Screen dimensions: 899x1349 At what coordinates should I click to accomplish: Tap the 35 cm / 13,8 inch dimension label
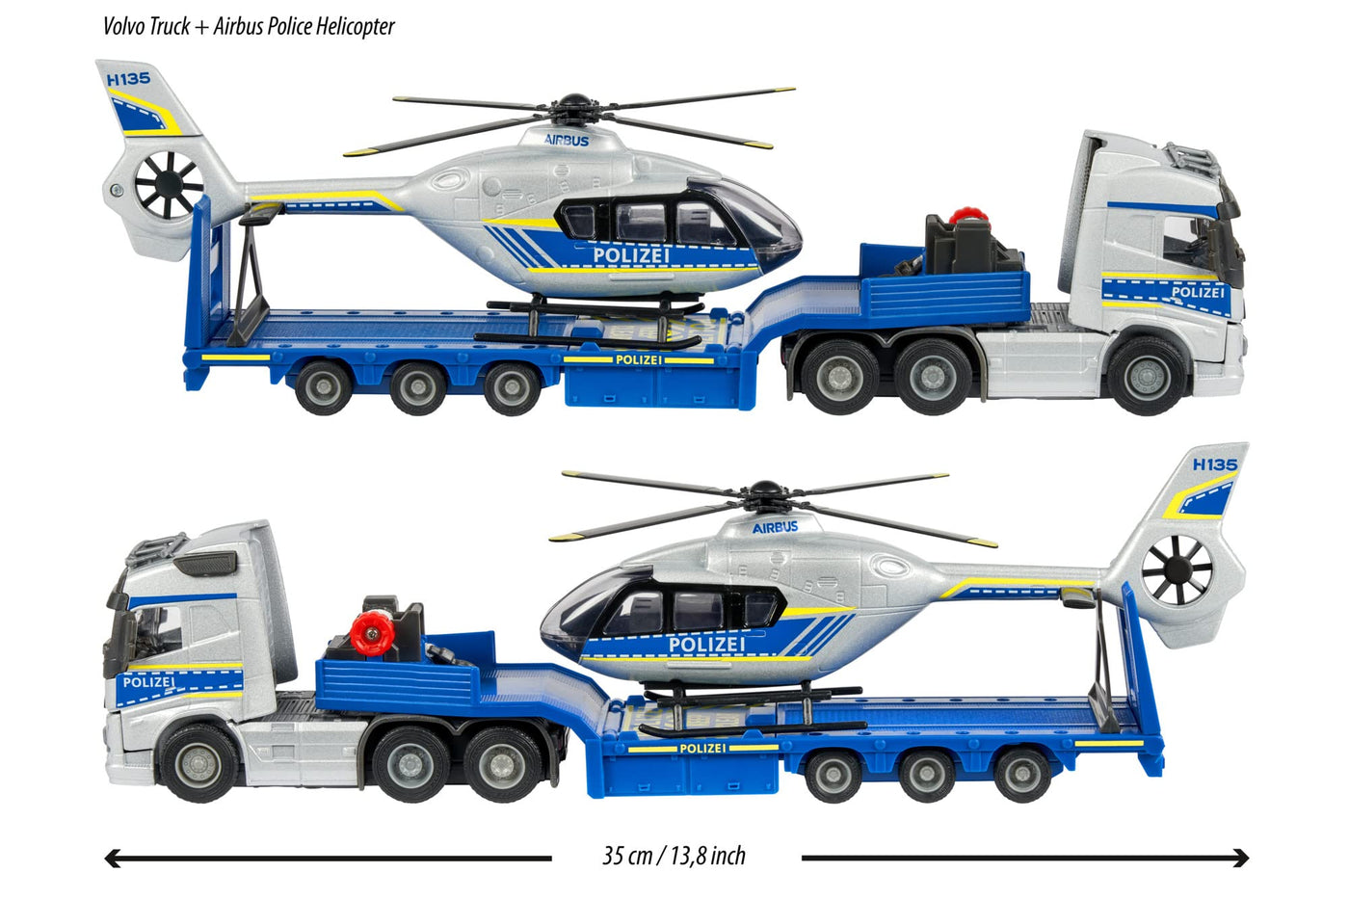point(674,856)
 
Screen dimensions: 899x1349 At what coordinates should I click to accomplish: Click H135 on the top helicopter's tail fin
point(128,79)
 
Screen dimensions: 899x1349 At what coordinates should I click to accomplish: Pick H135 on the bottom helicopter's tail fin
point(1214,464)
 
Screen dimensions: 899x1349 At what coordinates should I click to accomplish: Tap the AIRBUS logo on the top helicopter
point(567,140)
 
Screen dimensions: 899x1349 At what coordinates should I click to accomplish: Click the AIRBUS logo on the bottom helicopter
point(775,527)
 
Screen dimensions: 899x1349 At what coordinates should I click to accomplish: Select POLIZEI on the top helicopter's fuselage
point(631,255)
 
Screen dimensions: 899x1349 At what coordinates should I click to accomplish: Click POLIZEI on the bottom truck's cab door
point(148,682)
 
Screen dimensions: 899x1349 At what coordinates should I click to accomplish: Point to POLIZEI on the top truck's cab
point(1197,292)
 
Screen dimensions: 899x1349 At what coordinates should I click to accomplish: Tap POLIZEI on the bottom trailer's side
point(702,748)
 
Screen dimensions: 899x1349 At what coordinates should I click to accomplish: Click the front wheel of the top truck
point(1147,375)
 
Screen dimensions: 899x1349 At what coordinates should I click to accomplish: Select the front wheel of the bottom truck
point(199,762)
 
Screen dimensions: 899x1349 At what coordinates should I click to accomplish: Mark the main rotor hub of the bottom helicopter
point(766,495)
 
